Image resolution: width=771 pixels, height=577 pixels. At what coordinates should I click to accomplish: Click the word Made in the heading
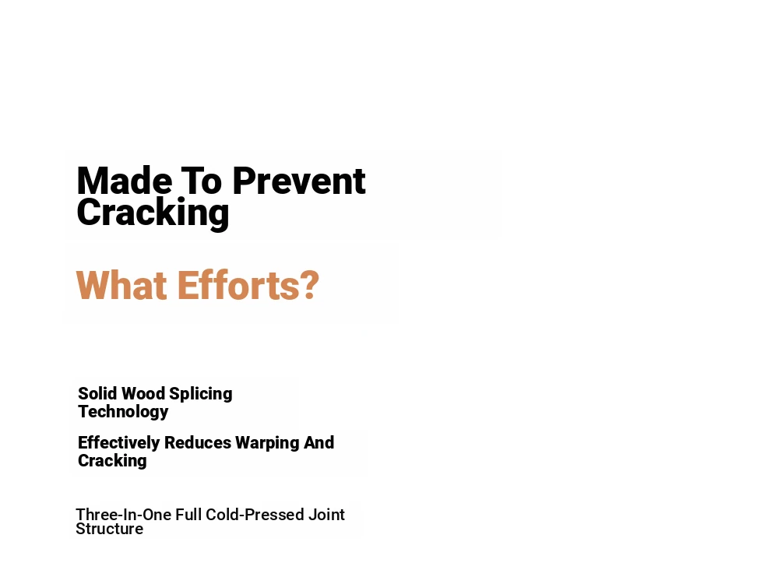coord(125,181)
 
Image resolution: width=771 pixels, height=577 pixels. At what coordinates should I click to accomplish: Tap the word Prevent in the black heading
coord(299,181)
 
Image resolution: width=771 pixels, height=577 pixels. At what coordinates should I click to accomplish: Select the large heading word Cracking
coord(153,213)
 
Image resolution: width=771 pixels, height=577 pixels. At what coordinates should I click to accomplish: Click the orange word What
coord(121,285)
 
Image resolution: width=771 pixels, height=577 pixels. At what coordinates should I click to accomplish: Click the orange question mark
coord(309,285)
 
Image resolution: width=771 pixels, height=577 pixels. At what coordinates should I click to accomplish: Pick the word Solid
coord(97,394)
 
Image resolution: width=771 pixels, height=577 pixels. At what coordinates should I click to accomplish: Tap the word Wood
coord(143,394)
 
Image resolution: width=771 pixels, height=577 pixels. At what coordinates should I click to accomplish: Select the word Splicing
coord(201,395)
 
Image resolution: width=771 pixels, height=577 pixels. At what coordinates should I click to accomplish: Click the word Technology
coord(123,412)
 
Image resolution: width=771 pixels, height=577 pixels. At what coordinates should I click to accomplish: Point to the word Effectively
coord(119,443)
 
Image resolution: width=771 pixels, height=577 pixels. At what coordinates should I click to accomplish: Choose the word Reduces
coord(198,443)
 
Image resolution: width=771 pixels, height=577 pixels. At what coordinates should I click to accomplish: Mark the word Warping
coord(267,443)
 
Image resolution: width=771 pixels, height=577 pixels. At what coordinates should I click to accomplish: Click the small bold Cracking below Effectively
coord(113,461)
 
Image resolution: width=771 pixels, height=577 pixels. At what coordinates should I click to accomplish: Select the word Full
coord(188,515)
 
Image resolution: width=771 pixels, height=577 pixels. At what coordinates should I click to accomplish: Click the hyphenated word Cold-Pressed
coord(255,515)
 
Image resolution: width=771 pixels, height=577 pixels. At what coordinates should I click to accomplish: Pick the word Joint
coord(326,515)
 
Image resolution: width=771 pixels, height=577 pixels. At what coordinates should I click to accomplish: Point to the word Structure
coord(110,529)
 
